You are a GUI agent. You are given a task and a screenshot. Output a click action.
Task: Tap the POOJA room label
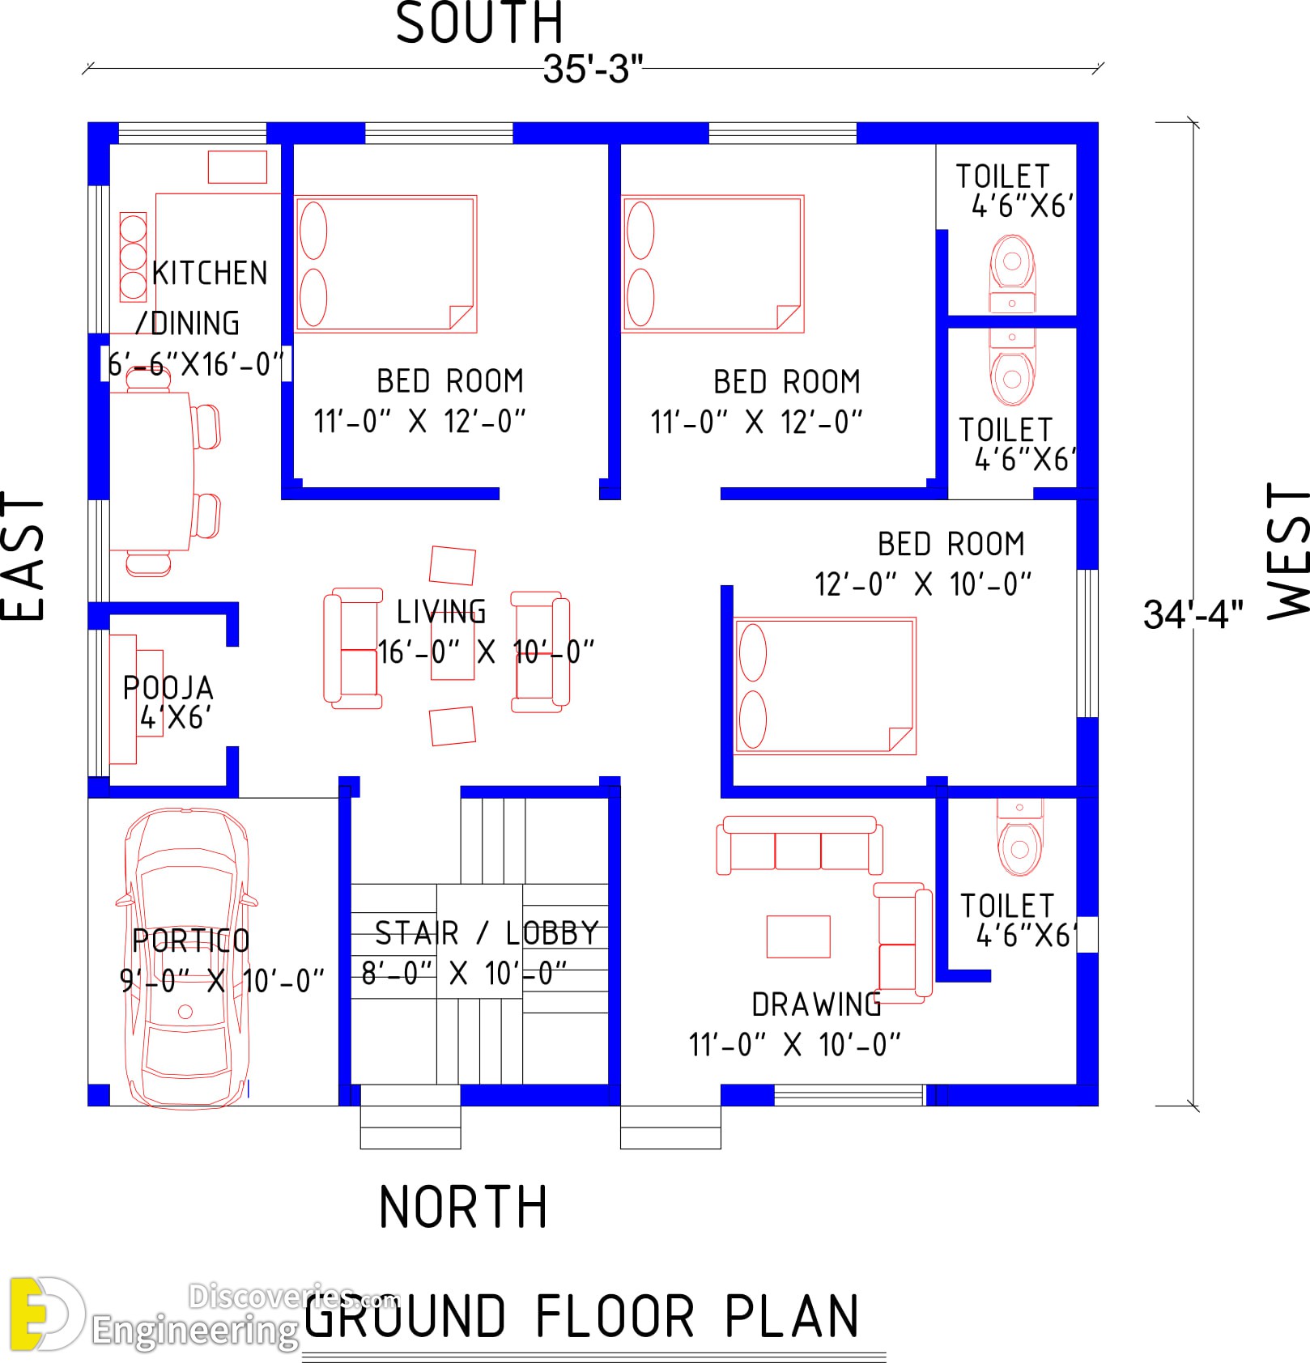[168, 688]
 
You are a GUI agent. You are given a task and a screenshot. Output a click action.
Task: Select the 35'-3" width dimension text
[593, 69]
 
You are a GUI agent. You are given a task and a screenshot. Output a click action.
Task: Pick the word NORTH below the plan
[463, 1207]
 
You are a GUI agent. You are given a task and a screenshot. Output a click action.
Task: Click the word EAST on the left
[23, 556]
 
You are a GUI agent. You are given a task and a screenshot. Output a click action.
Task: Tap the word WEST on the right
[1287, 550]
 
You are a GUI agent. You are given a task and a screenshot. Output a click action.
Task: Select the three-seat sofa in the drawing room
[799, 845]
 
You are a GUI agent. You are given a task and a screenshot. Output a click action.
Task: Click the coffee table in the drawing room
[798, 936]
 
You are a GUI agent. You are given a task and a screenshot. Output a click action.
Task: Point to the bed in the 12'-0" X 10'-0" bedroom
[824, 686]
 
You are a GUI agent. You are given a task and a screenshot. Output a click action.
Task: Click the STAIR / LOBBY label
[487, 933]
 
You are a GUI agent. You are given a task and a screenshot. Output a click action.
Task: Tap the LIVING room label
[441, 611]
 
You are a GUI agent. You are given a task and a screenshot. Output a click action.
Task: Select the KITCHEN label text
[210, 273]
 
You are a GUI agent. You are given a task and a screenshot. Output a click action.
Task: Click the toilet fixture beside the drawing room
[1019, 838]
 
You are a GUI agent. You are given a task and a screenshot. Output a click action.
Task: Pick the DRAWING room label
[816, 1004]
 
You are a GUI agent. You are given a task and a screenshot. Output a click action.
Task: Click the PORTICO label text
[191, 941]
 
